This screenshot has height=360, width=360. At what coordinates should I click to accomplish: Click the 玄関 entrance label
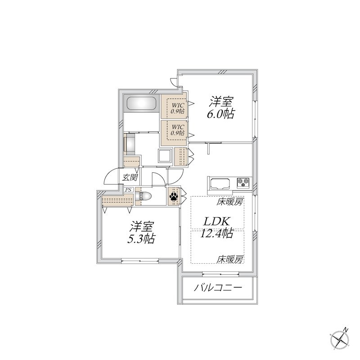click(130, 178)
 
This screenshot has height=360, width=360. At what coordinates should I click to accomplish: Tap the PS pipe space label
click(128, 190)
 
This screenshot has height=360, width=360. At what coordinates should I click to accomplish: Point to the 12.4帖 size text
click(218, 234)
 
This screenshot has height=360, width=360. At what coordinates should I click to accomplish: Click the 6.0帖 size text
click(220, 113)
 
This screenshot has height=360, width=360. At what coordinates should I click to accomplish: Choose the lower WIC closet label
click(177, 130)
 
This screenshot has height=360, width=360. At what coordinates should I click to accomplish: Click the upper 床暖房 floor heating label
click(230, 202)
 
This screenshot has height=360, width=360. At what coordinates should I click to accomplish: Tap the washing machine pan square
click(163, 156)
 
